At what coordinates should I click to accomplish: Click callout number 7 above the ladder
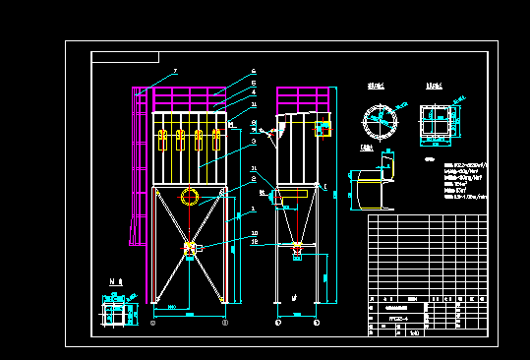175,71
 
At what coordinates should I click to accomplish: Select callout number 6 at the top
254,72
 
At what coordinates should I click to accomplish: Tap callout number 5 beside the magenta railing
254,84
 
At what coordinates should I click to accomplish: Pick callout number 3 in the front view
254,142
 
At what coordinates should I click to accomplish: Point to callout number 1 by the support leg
254,209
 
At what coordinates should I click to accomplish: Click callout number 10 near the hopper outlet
254,233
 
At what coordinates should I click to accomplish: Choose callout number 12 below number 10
254,241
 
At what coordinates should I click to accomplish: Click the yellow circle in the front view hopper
189,197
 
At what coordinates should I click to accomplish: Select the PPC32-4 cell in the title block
398,318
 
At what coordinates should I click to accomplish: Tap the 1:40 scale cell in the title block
412,332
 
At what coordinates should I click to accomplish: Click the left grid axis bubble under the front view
152,323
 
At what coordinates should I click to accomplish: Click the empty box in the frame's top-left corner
125,57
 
